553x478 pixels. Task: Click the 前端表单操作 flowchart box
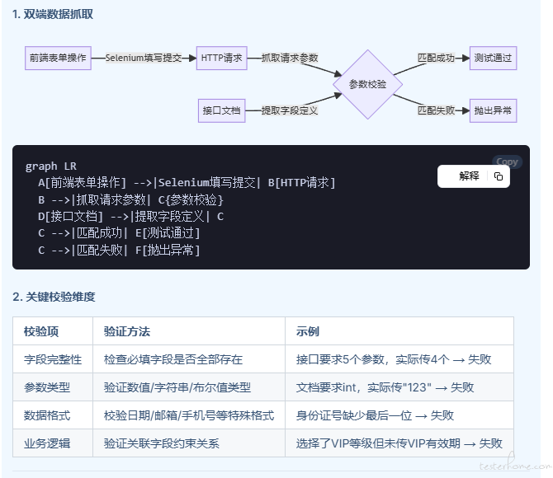pyautogui.click(x=58, y=58)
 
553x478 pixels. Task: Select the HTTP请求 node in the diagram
pyautogui.click(x=221, y=58)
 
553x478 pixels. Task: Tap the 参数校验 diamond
pyautogui.click(x=367, y=84)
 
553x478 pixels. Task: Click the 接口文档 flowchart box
pyautogui.click(x=221, y=110)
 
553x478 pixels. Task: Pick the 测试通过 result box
pyautogui.click(x=493, y=58)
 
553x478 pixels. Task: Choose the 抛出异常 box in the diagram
pyautogui.click(x=493, y=110)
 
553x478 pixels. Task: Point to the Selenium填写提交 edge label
pyautogui.click(x=144, y=58)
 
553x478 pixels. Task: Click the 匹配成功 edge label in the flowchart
pyautogui.click(x=437, y=58)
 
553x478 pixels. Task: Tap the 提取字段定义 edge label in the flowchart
pyautogui.click(x=290, y=110)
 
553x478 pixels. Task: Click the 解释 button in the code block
pyautogui.click(x=469, y=176)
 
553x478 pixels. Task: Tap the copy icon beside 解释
pyautogui.click(x=499, y=176)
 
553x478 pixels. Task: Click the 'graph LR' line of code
pyautogui.click(x=51, y=166)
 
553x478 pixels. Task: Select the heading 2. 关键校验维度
pyautogui.click(x=54, y=297)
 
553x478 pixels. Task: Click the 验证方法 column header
pyautogui.click(x=127, y=331)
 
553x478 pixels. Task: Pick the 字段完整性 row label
pyautogui.click(x=53, y=359)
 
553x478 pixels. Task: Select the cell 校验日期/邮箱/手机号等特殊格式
pyautogui.click(x=189, y=415)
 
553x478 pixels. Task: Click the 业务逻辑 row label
pyautogui.click(x=47, y=443)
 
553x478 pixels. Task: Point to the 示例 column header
pyautogui.click(x=308, y=331)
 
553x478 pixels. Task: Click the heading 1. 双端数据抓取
pyautogui.click(x=53, y=14)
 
